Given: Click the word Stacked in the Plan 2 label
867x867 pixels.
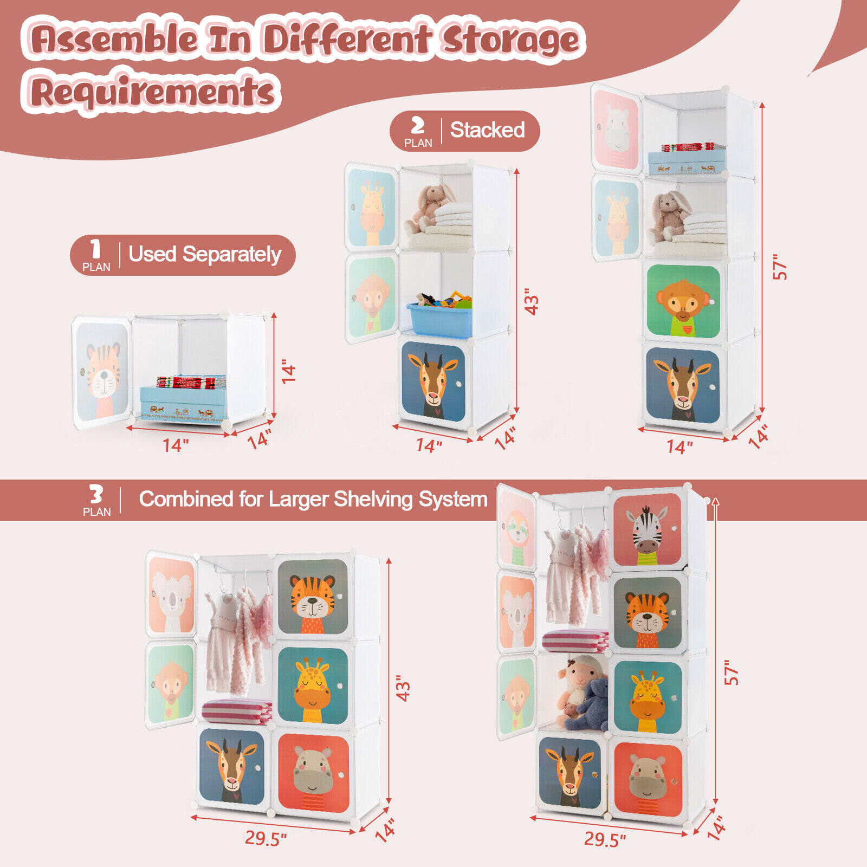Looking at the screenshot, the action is click(487, 130).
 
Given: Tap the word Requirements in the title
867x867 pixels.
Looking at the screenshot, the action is click(152, 90).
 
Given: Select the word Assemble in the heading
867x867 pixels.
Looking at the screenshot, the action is click(114, 39).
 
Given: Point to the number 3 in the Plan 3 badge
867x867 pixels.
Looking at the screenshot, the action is click(96, 494).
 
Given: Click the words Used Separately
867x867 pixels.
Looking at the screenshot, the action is click(205, 254).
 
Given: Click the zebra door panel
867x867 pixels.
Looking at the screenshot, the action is click(647, 529).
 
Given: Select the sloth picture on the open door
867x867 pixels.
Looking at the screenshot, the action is click(517, 529).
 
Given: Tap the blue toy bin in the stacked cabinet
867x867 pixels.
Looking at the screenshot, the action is click(439, 319).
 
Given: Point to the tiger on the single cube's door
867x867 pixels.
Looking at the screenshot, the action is click(102, 373).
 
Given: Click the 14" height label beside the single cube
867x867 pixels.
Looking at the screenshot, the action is click(288, 374).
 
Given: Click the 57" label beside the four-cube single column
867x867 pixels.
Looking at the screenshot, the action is click(780, 267).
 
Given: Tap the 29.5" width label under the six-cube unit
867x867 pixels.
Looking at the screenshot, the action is click(266, 838).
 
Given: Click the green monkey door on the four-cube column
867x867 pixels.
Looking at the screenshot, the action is click(684, 301).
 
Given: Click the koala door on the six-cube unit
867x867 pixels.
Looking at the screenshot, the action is click(171, 594).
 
